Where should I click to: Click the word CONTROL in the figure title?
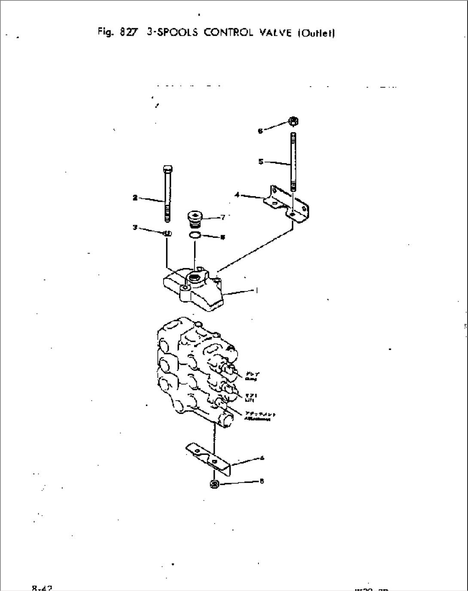(x=229, y=33)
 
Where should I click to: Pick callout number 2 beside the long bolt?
(x=135, y=198)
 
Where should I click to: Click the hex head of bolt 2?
(x=167, y=168)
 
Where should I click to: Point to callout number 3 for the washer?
(x=135, y=228)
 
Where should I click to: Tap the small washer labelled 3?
(x=167, y=234)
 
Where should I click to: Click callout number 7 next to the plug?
(x=223, y=218)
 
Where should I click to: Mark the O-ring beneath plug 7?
(x=194, y=235)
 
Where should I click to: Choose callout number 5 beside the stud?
(x=261, y=162)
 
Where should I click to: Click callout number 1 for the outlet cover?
(x=257, y=291)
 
